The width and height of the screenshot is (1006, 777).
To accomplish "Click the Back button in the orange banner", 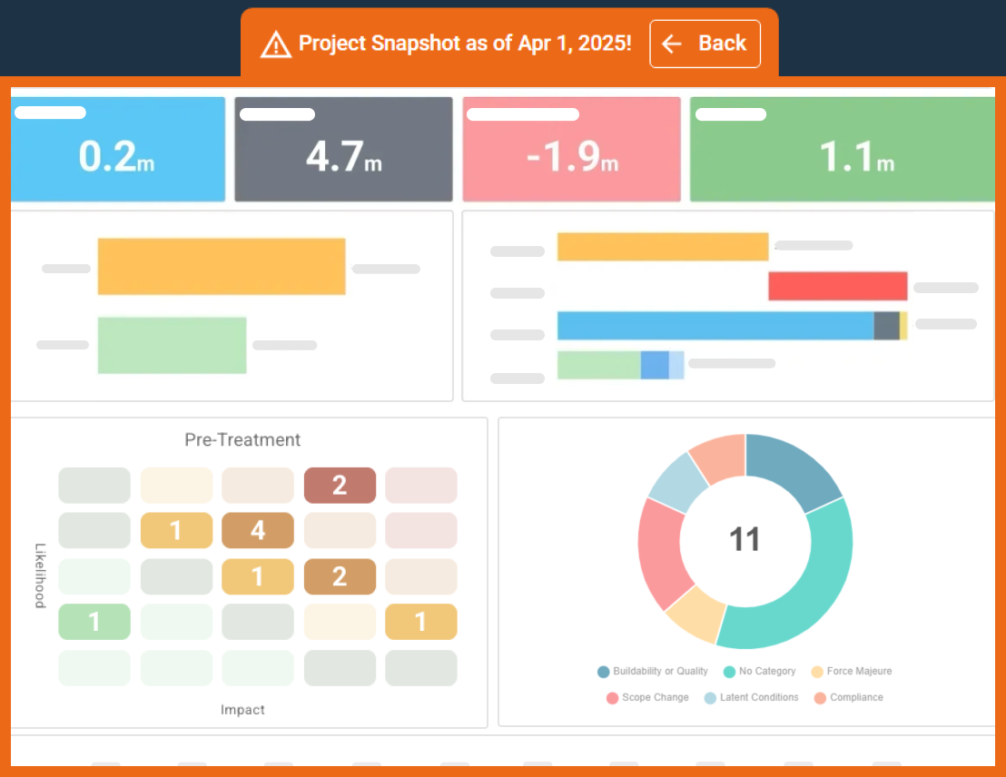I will tap(705, 44).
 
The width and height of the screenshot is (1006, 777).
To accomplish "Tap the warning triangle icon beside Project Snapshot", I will tap(275, 44).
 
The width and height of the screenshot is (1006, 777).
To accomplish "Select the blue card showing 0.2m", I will tap(118, 150).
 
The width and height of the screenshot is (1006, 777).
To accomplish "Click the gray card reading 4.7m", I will tap(343, 150).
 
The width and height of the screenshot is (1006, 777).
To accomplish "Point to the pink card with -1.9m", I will tap(571, 150).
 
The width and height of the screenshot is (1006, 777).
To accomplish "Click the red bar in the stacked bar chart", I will tap(837, 286).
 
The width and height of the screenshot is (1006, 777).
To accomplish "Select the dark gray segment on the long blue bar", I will tap(886, 326).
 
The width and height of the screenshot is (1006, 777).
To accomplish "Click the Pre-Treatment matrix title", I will tap(242, 440).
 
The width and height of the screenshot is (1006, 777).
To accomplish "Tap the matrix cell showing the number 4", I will tap(258, 530).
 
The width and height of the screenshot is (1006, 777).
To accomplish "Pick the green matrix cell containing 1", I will tap(94, 622).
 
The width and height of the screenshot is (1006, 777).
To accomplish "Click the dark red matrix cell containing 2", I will tap(340, 485).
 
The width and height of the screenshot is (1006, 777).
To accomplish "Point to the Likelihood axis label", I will tap(40, 575).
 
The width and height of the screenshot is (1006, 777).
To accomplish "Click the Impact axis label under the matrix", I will tap(242, 710).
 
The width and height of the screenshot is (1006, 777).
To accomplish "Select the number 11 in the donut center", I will tap(745, 539).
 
